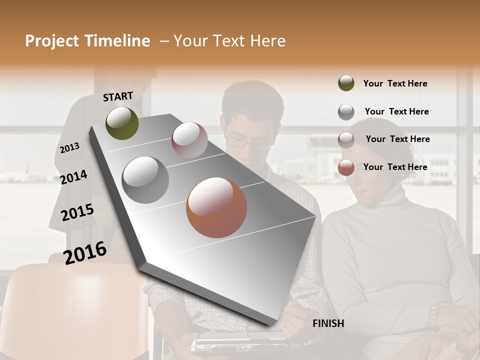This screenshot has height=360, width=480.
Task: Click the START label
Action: pos(118,96)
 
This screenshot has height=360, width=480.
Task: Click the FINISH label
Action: pos(328,323)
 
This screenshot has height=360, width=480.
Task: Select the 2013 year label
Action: pos(69,147)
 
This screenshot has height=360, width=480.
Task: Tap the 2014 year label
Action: pos(73,177)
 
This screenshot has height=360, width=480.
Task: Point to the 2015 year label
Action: pos(77,212)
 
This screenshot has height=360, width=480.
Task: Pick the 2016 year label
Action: pos(85,253)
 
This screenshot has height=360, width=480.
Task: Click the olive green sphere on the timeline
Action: pos(122,123)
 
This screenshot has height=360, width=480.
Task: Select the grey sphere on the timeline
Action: pos(145,180)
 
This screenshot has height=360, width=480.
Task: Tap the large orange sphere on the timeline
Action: pos(216,207)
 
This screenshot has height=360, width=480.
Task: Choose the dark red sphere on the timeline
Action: pos(189,140)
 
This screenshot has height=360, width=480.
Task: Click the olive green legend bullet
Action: pos(346,83)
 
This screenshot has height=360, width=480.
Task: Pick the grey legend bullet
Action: pos(346,112)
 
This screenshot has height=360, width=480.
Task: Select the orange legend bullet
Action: pos(346,168)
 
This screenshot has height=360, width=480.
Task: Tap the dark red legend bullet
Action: pos(346,140)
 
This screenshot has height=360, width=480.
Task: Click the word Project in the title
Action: pos(50,41)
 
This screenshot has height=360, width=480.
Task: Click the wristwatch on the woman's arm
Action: pos(433,315)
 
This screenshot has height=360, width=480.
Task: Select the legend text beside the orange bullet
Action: pos(395,167)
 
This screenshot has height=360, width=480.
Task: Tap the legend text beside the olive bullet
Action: pos(395,83)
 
